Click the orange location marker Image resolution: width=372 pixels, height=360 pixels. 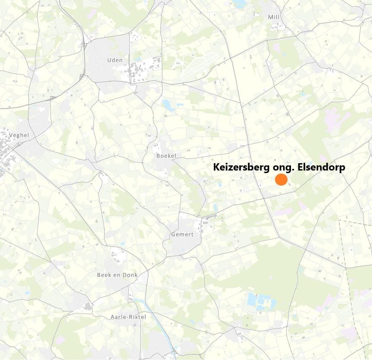coord(281,180)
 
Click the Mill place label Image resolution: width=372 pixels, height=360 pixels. coord(274,17)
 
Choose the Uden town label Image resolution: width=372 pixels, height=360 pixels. coord(115,60)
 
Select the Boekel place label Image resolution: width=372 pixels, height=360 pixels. coord(166,155)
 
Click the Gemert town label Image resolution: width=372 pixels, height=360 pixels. coord(182,234)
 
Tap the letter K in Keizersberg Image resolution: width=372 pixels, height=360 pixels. coord(217,168)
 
